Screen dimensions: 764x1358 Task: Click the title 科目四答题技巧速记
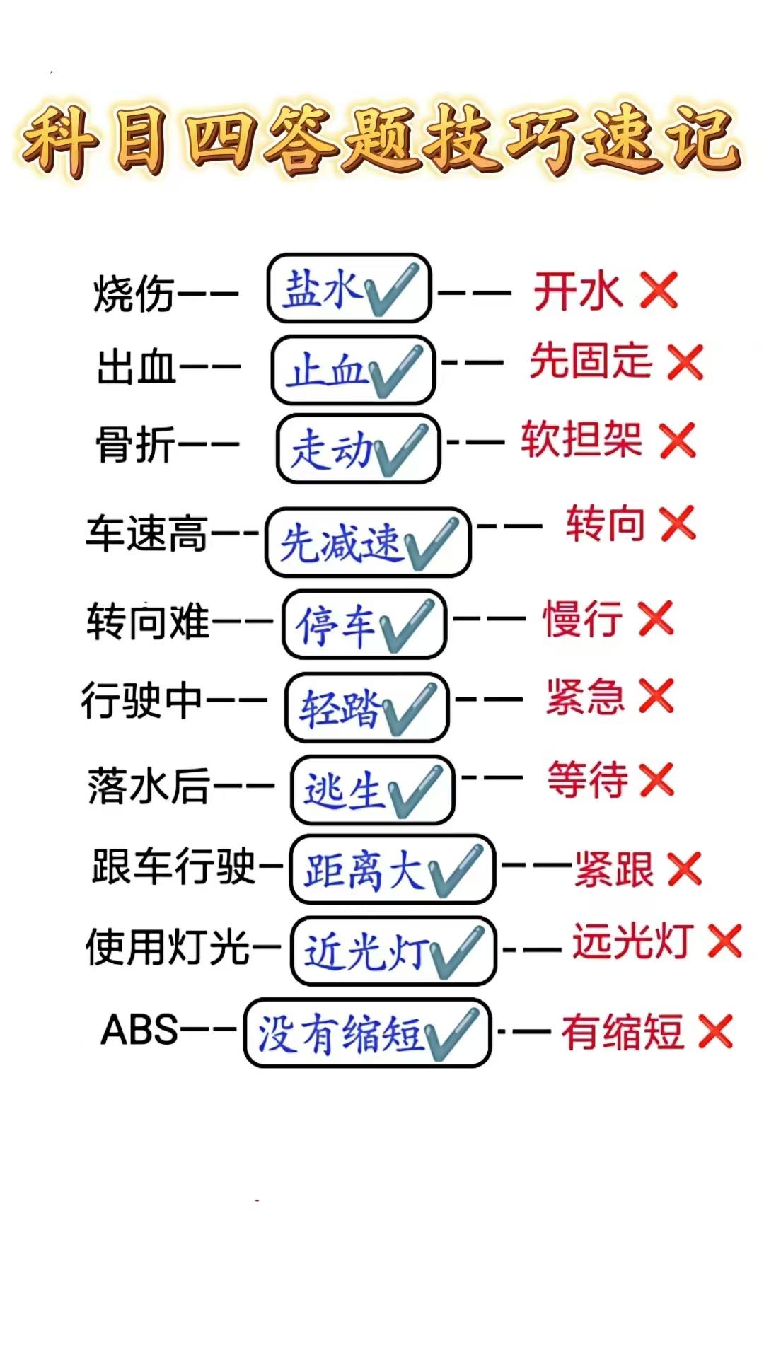click(382, 140)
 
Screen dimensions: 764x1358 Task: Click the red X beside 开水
click(659, 291)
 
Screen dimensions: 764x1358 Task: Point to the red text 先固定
click(591, 361)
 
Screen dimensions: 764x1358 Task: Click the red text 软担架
click(581, 439)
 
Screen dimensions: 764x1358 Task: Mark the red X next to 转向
click(678, 524)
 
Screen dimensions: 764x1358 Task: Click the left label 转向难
click(148, 622)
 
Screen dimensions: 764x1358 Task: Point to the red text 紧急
click(585, 697)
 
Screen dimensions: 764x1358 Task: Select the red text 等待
click(587, 779)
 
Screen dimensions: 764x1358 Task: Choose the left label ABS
click(139, 1030)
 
